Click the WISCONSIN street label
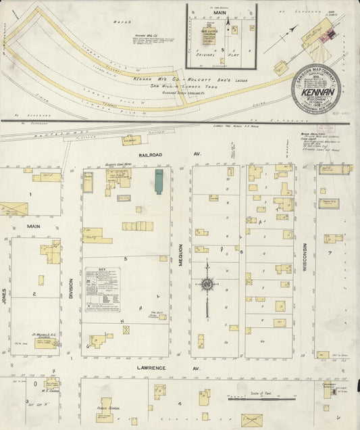pos(305,256)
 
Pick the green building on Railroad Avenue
pos(159,182)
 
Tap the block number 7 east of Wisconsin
pos(330,254)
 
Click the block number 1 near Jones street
pos(30,194)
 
